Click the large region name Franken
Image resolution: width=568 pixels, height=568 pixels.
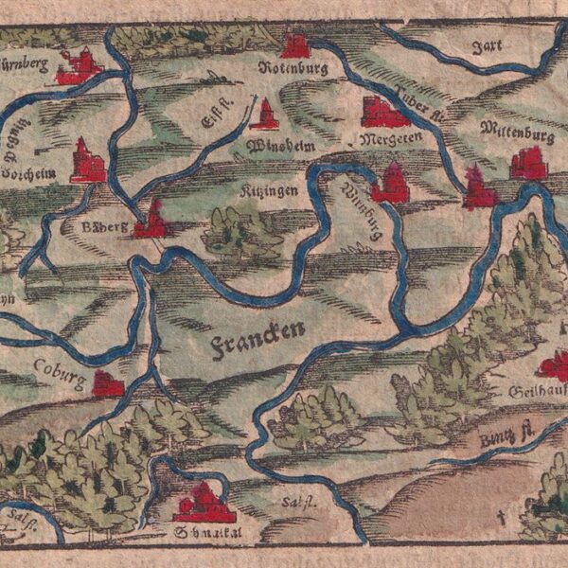coord(257,332)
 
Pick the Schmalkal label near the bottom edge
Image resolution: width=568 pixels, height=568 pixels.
coord(202,531)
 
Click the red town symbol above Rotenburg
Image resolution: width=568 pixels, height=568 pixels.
coord(295,44)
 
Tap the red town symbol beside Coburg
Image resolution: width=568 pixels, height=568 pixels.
coord(108,384)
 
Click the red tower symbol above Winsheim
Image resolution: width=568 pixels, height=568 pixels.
coord(264,115)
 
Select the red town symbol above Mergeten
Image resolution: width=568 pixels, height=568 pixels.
coord(384,112)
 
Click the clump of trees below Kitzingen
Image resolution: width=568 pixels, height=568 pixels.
coord(241,233)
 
